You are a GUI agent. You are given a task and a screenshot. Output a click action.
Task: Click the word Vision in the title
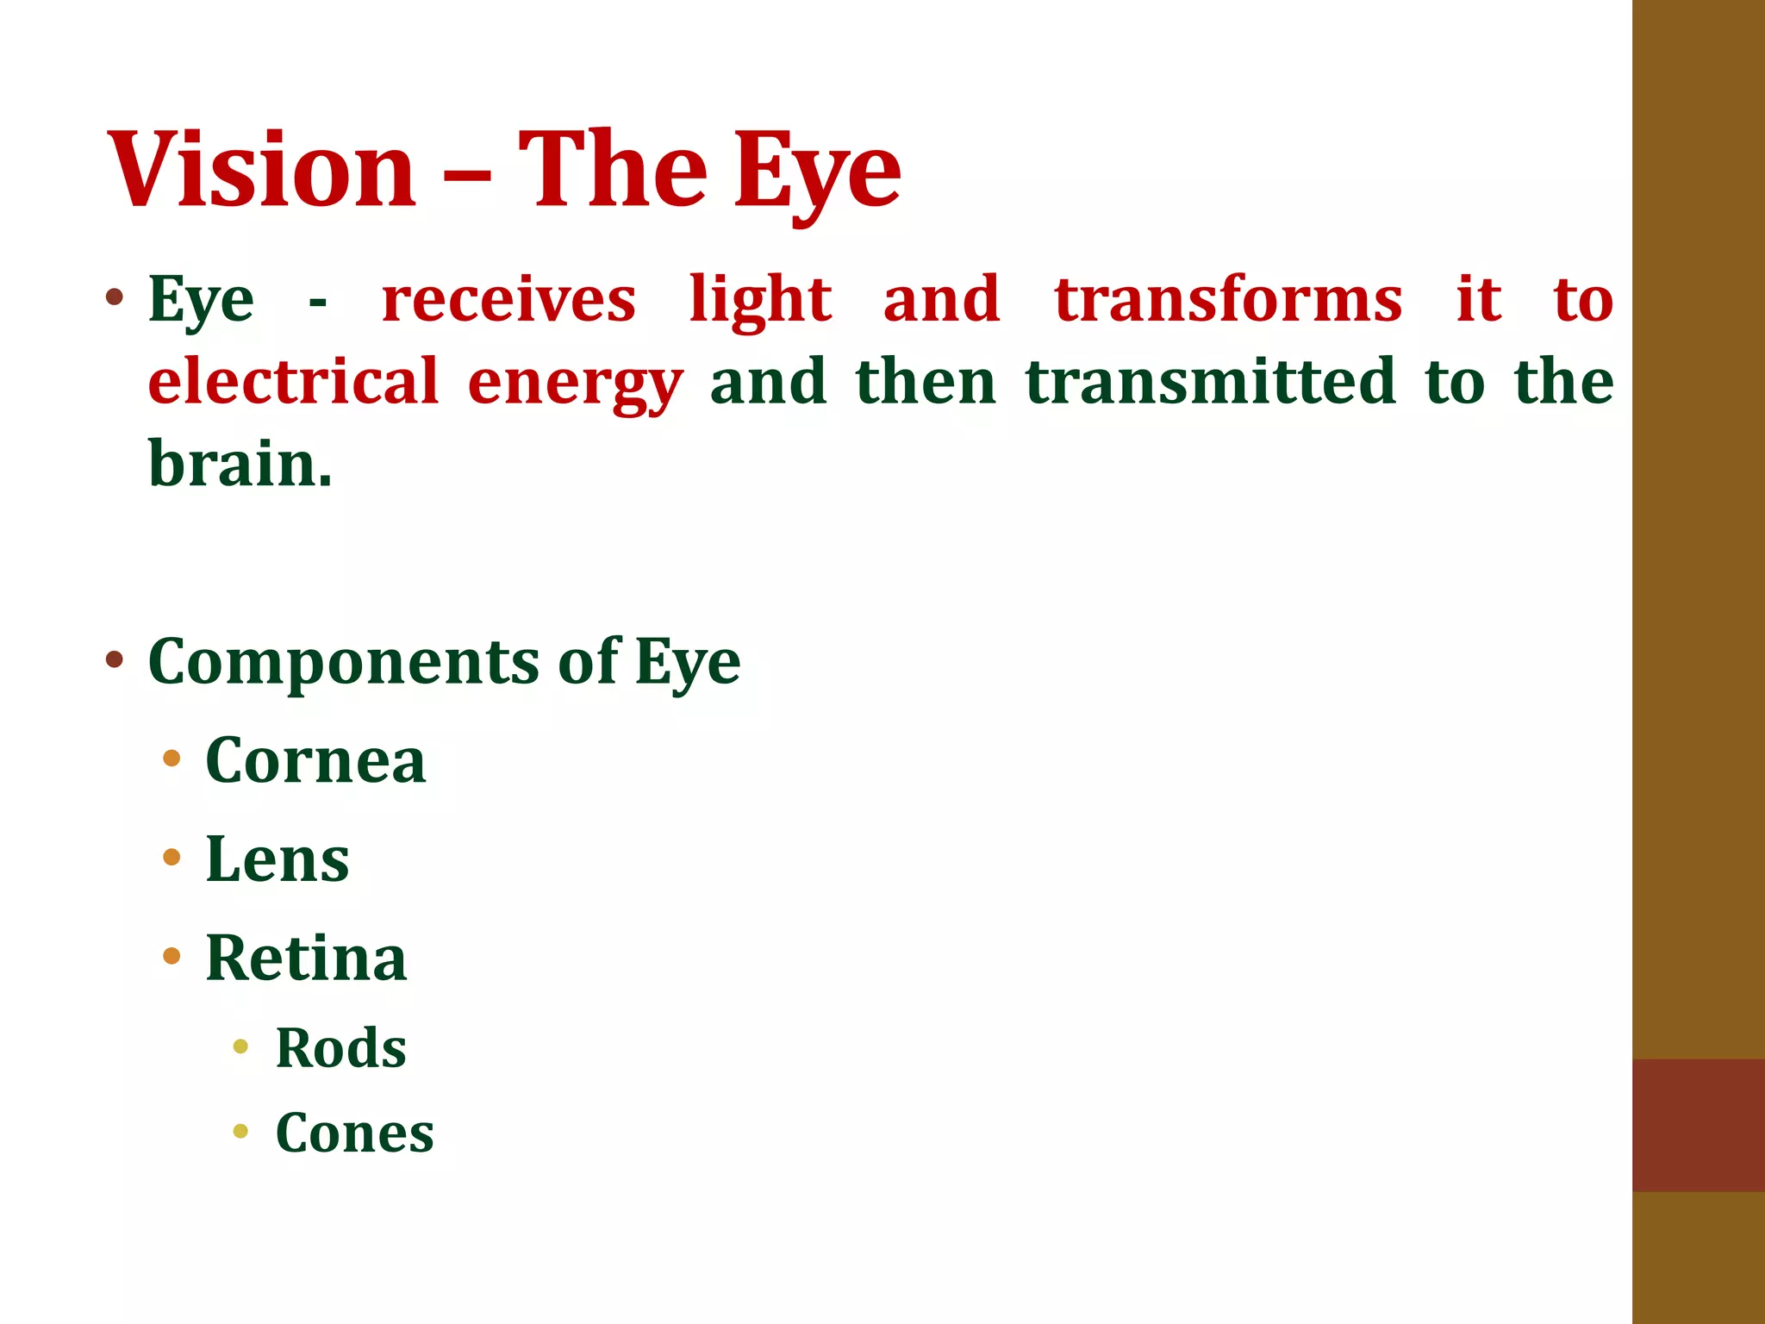pyautogui.click(x=262, y=169)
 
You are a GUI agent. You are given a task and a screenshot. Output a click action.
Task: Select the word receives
pyautogui.click(x=508, y=300)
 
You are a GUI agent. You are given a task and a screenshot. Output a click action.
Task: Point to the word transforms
pyautogui.click(x=1228, y=300)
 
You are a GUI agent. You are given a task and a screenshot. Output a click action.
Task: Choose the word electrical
pyautogui.click(x=293, y=381)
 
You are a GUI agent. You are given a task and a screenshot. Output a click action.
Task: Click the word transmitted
pyautogui.click(x=1210, y=381)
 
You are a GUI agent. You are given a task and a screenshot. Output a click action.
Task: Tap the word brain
pyautogui.click(x=240, y=464)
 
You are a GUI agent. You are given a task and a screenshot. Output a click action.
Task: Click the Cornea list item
pyautogui.click(x=315, y=761)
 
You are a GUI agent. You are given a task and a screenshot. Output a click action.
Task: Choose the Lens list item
pyautogui.click(x=278, y=859)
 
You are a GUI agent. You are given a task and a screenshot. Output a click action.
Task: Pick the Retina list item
pyautogui.click(x=306, y=958)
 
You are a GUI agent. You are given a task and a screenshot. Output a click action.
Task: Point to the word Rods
pyautogui.click(x=340, y=1048)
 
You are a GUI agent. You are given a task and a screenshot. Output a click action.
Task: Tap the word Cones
pyautogui.click(x=354, y=1133)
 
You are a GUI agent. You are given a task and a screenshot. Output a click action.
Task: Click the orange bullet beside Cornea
pyautogui.click(x=172, y=759)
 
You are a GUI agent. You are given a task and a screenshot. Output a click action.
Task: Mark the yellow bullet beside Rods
pyautogui.click(x=240, y=1046)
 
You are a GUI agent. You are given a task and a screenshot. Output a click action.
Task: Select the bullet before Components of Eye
pyautogui.click(x=114, y=660)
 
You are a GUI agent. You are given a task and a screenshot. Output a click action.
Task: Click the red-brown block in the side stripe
pyautogui.click(x=1698, y=1125)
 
